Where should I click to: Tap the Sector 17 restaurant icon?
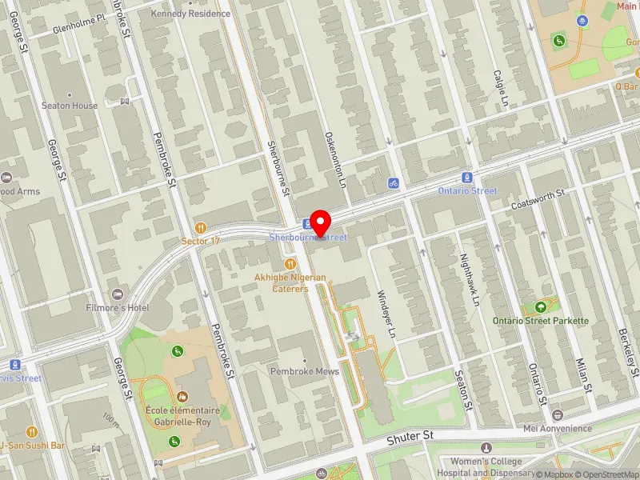coord(200,227)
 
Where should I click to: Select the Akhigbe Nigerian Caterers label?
coord(291,282)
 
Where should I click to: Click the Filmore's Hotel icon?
coord(119,294)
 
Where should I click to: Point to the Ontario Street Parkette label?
coord(552,321)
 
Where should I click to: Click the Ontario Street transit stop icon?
coord(467,178)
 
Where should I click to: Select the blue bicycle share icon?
coord(393,183)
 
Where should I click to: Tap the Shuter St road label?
coord(410,437)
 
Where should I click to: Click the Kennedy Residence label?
coord(190,14)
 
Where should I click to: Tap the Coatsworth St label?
coord(538,199)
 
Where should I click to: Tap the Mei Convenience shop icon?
coord(557,414)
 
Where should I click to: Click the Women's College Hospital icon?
coord(486,448)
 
